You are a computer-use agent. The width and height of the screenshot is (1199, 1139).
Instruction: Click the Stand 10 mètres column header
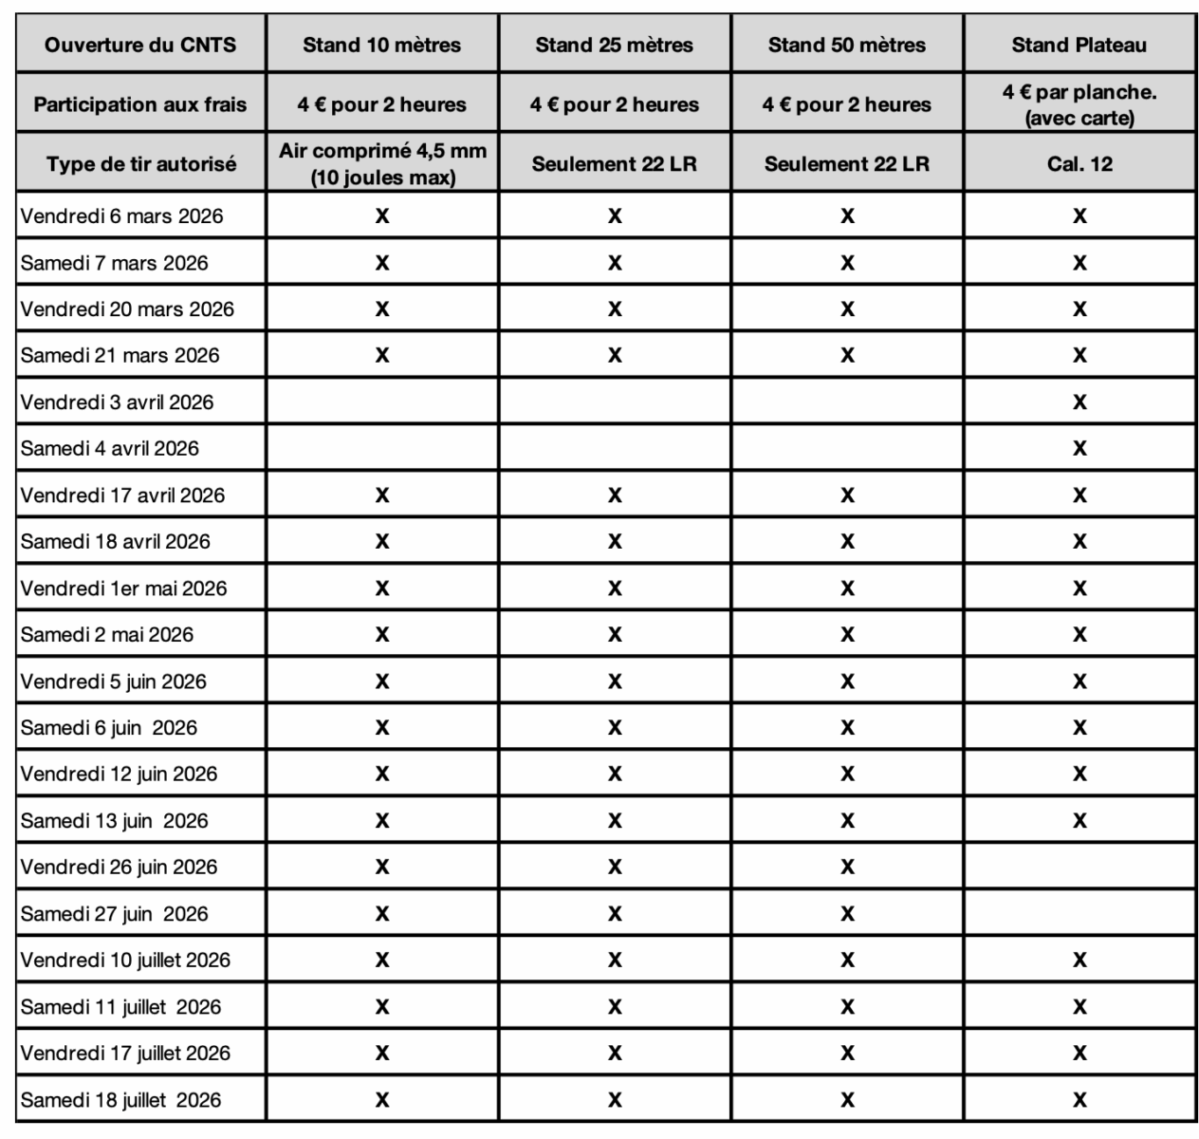(x=381, y=45)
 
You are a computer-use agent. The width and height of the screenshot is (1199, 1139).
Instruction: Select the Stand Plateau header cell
(x=1079, y=45)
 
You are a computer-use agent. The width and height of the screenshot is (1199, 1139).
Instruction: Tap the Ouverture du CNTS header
(x=140, y=45)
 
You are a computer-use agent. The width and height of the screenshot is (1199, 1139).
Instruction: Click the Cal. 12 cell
(x=1079, y=163)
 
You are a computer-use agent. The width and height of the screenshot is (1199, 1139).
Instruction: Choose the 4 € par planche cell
(x=1079, y=104)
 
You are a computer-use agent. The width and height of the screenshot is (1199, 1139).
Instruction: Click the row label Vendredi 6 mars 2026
(x=121, y=216)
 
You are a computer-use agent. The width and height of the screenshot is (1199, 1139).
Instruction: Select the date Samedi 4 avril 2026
(x=110, y=448)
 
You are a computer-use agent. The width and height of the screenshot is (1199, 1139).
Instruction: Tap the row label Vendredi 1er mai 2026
(x=123, y=588)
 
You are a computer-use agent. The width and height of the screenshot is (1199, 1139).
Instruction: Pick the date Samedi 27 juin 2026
(x=114, y=914)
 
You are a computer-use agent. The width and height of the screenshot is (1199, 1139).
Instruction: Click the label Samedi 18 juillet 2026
(x=120, y=1100)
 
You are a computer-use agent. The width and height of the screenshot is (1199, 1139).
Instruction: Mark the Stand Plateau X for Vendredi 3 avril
(x=1079, y=402)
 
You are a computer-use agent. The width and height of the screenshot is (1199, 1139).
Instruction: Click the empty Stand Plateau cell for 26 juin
(x=1079, y=867)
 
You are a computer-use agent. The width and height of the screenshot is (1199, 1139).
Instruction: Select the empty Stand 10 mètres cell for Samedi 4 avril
(x=381, y=448)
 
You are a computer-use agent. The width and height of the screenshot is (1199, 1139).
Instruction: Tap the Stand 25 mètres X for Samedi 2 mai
(x=615, y=635)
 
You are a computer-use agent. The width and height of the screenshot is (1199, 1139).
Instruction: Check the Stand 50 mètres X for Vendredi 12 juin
(x=847, y=775)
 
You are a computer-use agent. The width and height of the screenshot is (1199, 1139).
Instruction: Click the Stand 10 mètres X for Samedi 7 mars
(x=381, y=263)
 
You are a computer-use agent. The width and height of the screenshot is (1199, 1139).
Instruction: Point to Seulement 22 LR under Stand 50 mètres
(x=847, y=163)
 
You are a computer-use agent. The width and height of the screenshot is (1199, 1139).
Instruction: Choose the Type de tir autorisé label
(x=140, y=163)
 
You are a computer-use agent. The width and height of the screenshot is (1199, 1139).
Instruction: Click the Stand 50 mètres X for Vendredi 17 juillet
(x=847, y=1053)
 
